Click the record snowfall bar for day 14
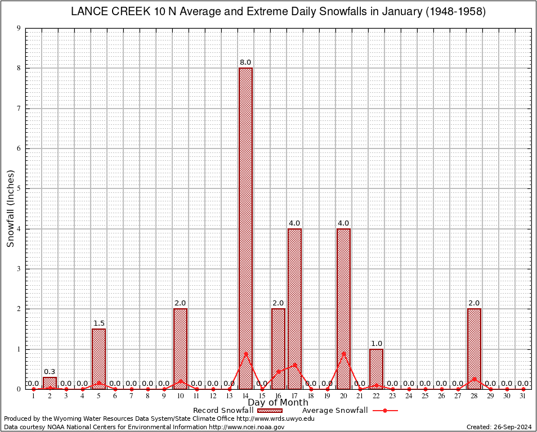point(245,228)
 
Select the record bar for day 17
point(294,308)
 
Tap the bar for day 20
point(343,308)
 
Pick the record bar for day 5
point(99,358)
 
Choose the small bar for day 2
point(50,382)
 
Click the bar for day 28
point(474,349)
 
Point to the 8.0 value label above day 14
point(245,62)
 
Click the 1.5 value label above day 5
point(99,323)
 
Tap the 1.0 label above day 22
point(376,344)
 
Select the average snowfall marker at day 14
point(245,353)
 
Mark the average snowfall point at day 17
point(294,364)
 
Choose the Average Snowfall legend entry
point(335,411)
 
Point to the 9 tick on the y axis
point(19,28)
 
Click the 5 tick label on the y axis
point(19,189)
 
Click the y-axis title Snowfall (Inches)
point(10,208)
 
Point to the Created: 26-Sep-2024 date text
point(499,427)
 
